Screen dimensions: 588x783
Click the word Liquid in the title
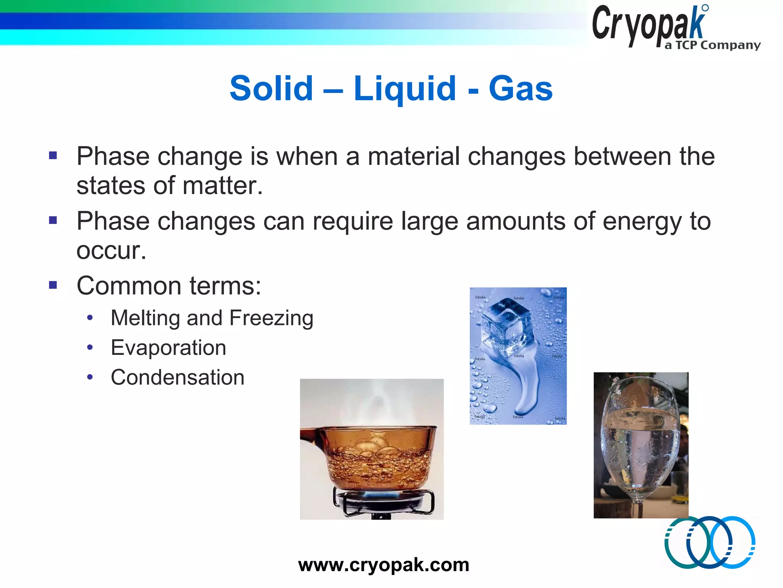pyautogui.click(x=404, y=89)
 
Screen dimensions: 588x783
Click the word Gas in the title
pyautogui.click(x=520, y=89)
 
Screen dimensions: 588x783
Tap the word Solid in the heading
pyautogui.click(x=271, y=89)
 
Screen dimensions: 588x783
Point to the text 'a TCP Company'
pyautogui.click(x=712, y=45)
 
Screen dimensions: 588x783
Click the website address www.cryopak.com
pyautogui.click(x=383, y=565)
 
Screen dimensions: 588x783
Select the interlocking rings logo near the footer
pyautogui.click(x=710, y=542)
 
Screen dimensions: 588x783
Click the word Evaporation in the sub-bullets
pyautogui.click(x=168, y=348)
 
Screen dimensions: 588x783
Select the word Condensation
pyautogui.click(x=177, y=377)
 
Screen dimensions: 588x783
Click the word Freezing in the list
pyautogui.click(x=271, y=318)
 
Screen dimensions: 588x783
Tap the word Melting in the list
pyautogui.click(x=145, y=318)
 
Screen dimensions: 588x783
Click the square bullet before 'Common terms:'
pyautogui.click(x=53, y=285)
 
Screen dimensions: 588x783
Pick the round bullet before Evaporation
pyautogui.click(x=90, y=347)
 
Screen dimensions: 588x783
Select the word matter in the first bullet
pyautogui.click(x=222, y=186)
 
